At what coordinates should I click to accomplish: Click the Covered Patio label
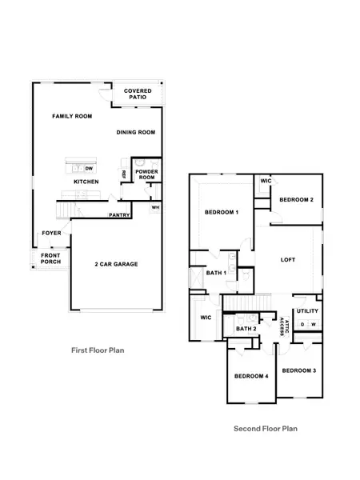point(138,94)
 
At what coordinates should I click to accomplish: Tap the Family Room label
point(72,116)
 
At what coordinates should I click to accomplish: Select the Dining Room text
point(136,133)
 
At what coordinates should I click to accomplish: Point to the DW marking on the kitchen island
point(89,169)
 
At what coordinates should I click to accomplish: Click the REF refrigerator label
point(124,174)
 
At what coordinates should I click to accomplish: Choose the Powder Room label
point(146,174)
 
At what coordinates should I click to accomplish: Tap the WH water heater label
point(155,207)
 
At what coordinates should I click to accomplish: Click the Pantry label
point(119,215)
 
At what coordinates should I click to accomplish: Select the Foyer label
point(51,234)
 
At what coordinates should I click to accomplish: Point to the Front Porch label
point(51,258)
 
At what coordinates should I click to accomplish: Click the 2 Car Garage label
point(116,264)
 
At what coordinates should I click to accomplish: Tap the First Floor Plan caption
point(98,350)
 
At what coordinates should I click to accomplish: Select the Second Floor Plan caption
point(266,429)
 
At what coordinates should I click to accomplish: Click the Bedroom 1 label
point(222,212)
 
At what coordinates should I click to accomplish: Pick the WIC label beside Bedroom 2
point(266,181)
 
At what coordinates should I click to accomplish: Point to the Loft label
point(288,260)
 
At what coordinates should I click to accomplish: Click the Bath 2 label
point(246,329)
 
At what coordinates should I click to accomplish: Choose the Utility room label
point(307,311)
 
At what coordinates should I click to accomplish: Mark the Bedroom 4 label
point(252,376)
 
